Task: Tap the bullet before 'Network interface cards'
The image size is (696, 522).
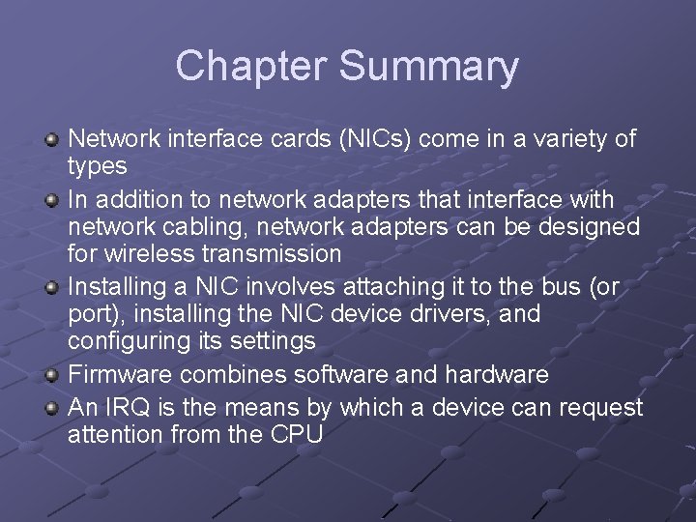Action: [53, 141]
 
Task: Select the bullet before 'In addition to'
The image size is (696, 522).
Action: [53, 200]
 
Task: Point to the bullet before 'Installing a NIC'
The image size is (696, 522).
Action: [53, 288]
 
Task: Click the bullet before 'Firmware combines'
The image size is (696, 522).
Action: [53, 376]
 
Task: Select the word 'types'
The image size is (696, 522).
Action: [97, 166]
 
